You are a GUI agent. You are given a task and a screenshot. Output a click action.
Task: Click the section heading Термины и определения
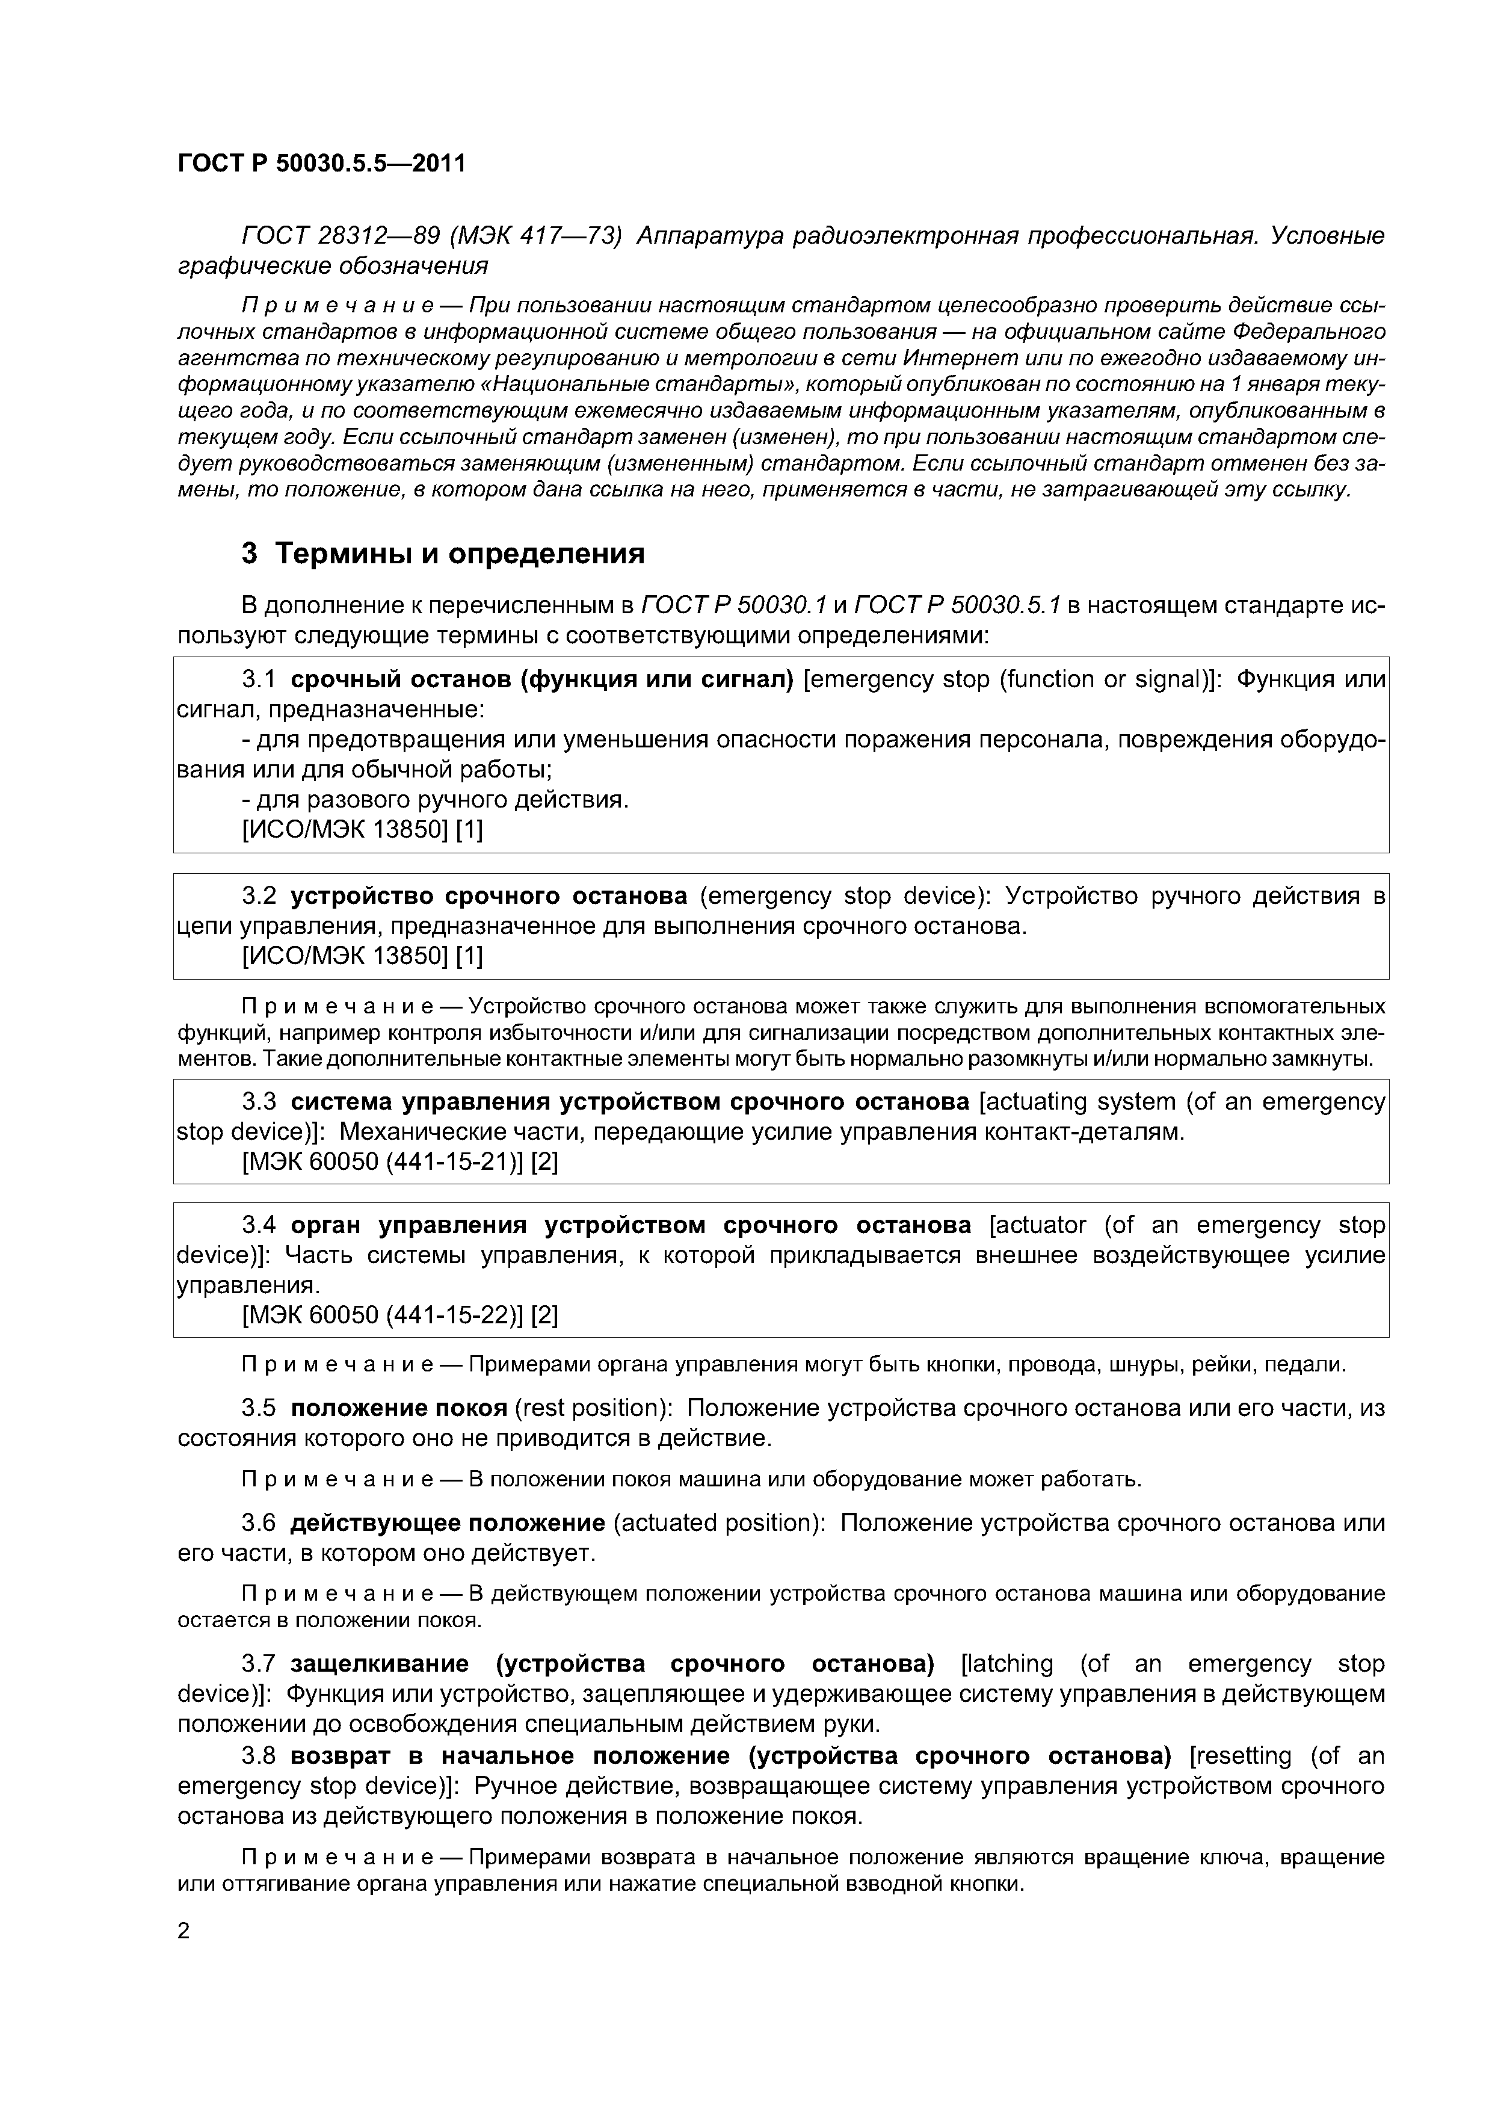460,554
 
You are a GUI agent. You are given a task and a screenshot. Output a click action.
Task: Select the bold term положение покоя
399,1408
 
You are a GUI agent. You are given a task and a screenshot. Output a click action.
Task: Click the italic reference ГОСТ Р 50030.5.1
957,605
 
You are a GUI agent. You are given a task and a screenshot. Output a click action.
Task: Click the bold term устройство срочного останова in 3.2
489,895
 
